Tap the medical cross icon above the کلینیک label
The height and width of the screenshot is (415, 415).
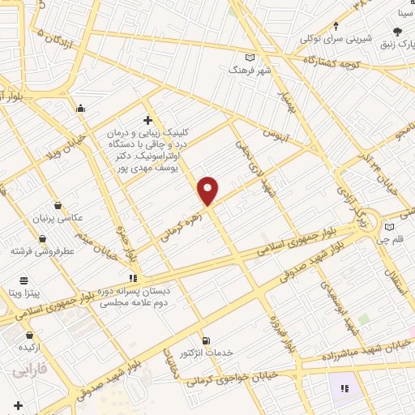pos(147,120)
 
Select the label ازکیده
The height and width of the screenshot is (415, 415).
pos(29,346)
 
